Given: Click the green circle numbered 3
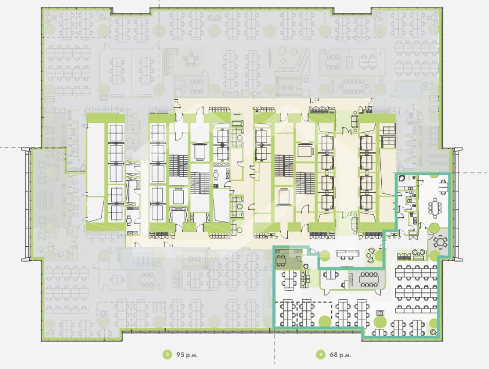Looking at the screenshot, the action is [167, 355].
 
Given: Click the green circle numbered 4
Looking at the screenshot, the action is [321, 355].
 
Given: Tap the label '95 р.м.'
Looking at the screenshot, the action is [187, 355].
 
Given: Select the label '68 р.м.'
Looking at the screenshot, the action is [340, 355].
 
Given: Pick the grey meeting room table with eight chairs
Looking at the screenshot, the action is [368, 280].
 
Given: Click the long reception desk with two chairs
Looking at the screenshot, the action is [348, 254].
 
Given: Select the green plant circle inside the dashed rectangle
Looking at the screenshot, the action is [324, 321].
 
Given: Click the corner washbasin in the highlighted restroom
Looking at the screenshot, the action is [402, 178].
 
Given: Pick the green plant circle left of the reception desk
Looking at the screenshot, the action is [325, 255].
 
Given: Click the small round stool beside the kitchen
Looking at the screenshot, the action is [306, 266].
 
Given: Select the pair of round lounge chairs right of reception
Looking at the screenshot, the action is [370, 255].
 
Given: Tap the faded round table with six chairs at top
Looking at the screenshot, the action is [191, 60].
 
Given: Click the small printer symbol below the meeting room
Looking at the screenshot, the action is [380, 312].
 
